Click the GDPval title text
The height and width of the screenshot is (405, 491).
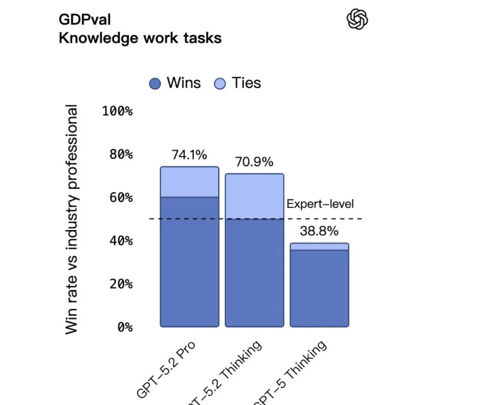click(x=85, y=20)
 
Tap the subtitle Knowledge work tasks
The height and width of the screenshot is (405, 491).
click(x=140, y=38)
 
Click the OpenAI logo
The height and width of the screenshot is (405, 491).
click(x=357, y=19)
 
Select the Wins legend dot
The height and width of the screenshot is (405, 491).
click(x=155, y=83)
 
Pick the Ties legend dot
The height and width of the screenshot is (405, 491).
click(x=220, y=83)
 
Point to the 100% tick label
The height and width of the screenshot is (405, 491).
click(x=117, y=111)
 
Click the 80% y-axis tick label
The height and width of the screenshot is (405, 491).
click(x=121, y=154)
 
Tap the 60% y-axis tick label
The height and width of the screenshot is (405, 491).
click(x=121, y=197)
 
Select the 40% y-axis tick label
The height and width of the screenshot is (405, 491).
click(x=121, y=240)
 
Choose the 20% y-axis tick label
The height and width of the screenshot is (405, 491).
click(x=121, y=284)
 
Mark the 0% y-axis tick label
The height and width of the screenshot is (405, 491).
click(x=125, y=327)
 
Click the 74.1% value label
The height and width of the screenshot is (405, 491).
click(x=189, y=155)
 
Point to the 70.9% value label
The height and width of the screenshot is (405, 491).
click(x=254, y=162)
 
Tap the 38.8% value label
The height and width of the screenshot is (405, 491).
click(x=319, y=231)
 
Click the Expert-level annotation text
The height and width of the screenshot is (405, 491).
click(x=320, y=204)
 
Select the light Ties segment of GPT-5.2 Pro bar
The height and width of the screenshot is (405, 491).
click(x=189, y=182)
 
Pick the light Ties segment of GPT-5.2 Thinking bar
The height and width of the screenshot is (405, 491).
click(x=254, y=196)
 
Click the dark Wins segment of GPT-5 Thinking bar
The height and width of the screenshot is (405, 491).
click(x=319, y=288)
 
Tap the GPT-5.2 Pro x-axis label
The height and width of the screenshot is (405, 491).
click(x=166, y=369)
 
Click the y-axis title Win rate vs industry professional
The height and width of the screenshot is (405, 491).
click(x=71, y=219)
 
